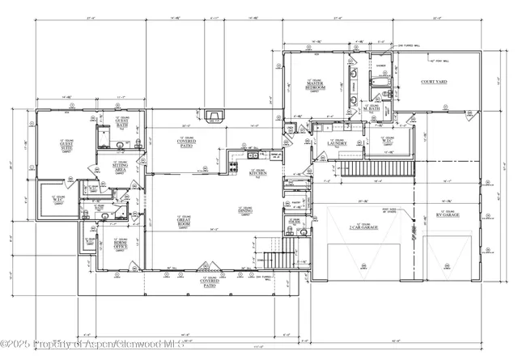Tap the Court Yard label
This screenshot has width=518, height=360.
429,83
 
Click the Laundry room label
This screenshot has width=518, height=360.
337,145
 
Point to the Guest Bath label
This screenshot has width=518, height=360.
121,124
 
